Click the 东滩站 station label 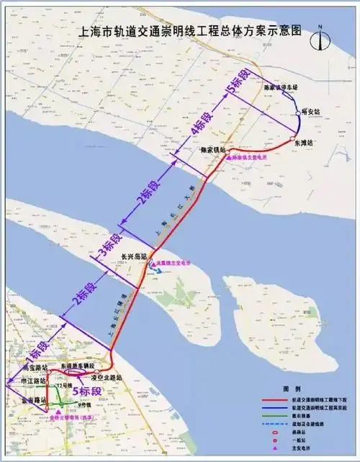pos(305,143)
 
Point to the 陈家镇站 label pos(215,148)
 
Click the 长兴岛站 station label pos(134,256)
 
